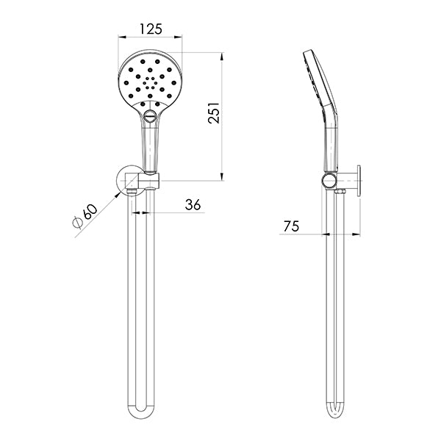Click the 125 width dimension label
click(x=150, y=31)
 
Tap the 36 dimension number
click(x=193, y=205)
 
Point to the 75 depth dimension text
click(x=291, y=226)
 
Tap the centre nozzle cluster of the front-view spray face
click(x=150, y=84)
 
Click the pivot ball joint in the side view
click(x=326, y=180)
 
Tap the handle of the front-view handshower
click(x=151, y=143)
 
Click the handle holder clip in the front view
click(x=151, y=180)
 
